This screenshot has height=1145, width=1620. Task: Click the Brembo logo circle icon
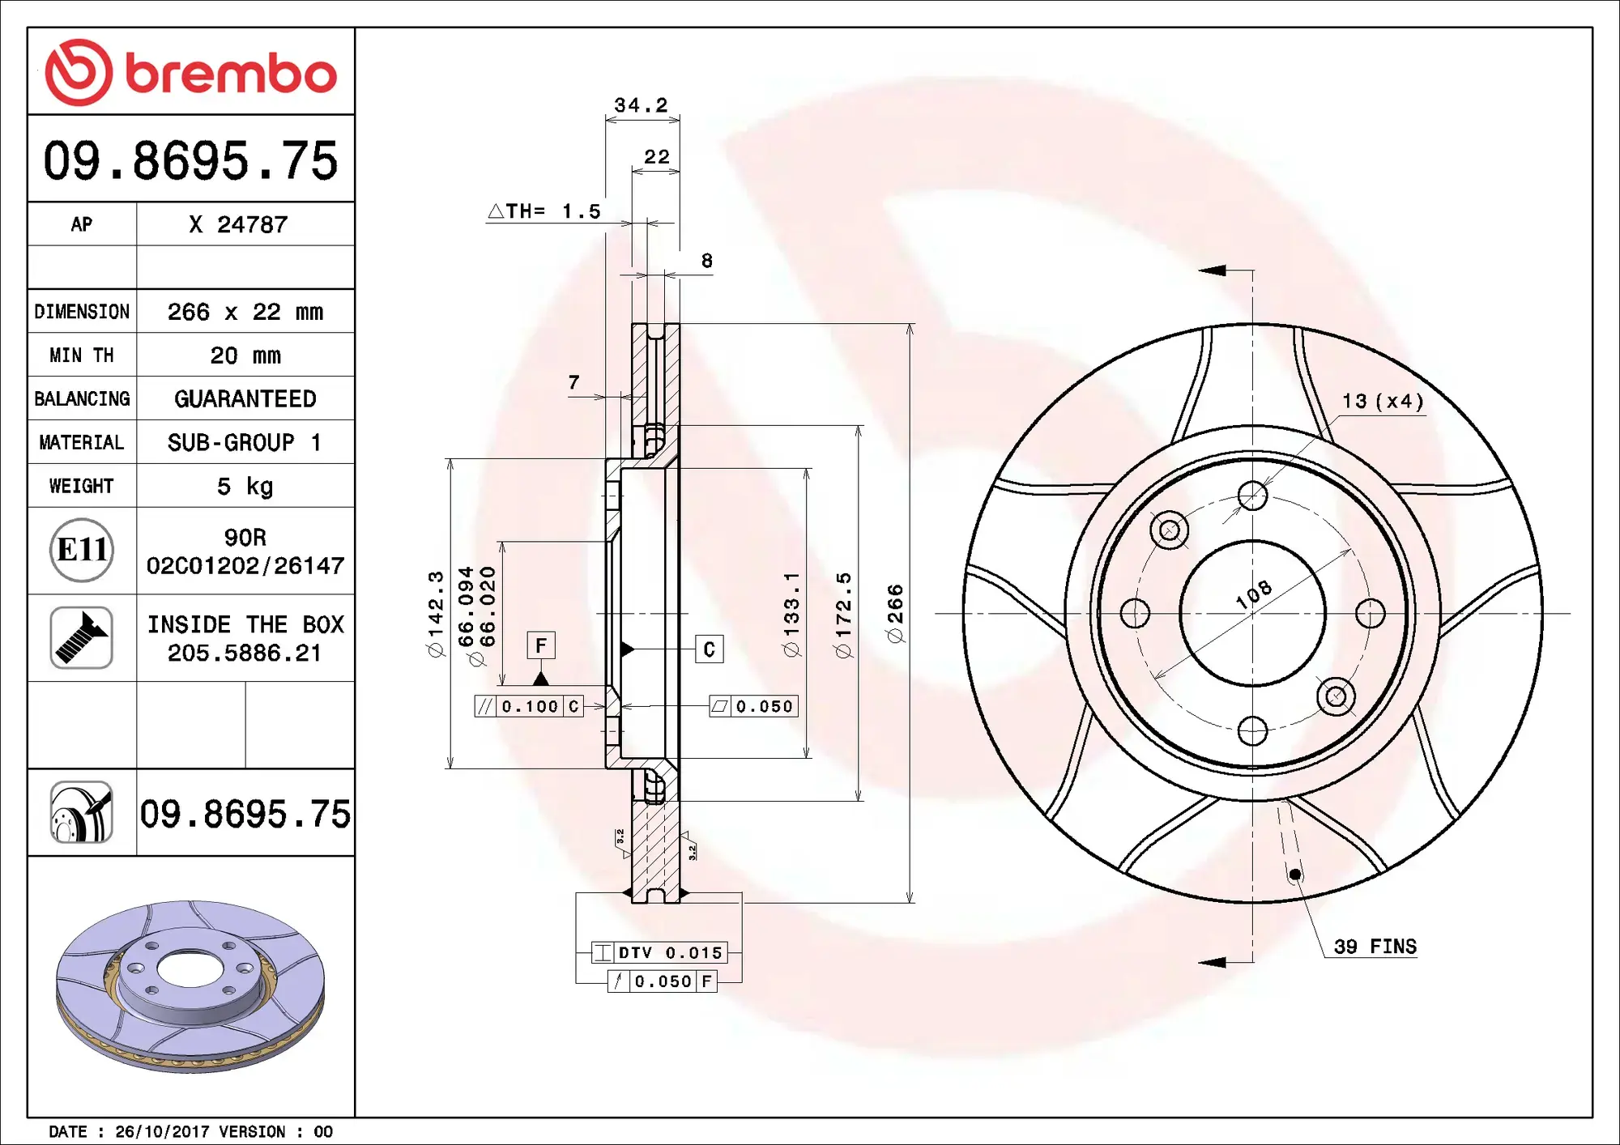pos(79,72)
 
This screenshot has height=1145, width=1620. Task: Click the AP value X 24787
pos(238,224)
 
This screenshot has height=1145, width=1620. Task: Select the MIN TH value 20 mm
pos(245,355)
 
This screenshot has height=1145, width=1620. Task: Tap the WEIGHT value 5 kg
pos(245,486)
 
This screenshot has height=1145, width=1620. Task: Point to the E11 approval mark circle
pos(81,551)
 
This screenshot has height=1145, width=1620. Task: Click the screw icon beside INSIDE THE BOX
pos(81,638)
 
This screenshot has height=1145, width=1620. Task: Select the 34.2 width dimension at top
pos(641,105)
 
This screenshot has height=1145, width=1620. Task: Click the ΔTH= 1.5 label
pos(544,211)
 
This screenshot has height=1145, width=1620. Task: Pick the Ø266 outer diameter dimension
pos(895,613)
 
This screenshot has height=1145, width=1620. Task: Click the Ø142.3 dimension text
pos(436,613)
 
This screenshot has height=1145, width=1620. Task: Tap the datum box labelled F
pos(541,645)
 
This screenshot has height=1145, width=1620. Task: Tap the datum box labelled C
pos(709,649)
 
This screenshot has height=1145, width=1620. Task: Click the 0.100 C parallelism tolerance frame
pos(529,706)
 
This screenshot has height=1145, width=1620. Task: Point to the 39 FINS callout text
pos(1375,947)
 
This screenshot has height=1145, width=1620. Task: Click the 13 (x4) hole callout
pos(1383,401)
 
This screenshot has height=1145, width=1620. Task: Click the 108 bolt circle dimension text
pos(1253,595)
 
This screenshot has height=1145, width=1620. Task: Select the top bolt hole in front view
pos(1252,496)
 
